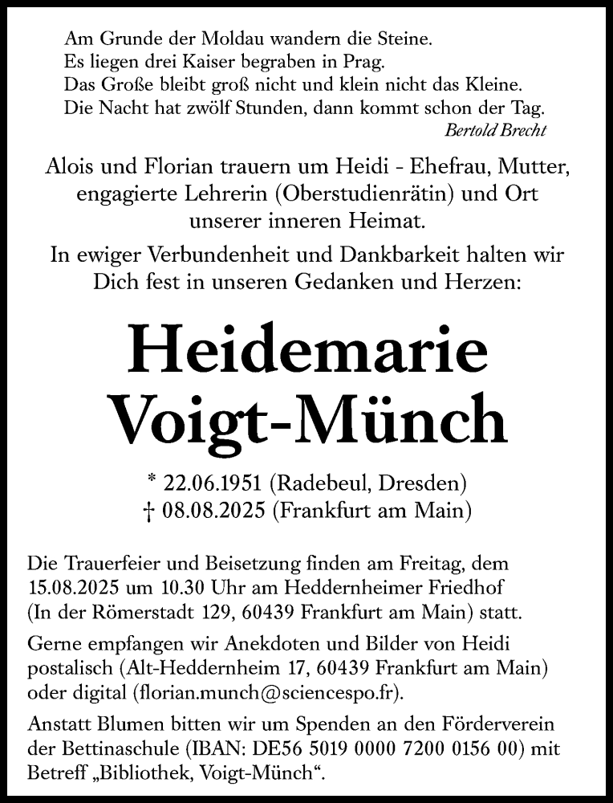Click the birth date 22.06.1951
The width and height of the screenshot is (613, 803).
point(217,484)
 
